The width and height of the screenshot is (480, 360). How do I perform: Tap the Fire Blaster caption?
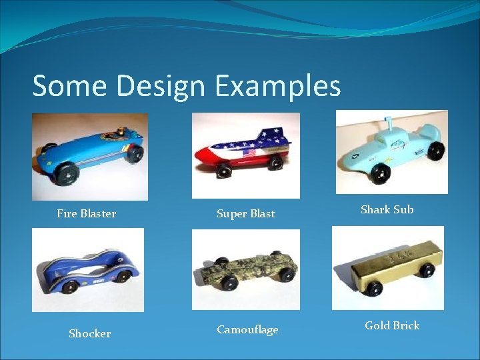pos(87,214)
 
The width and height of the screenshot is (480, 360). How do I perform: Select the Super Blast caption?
pos(246,214)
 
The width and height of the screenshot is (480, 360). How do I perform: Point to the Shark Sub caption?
pos(387,209)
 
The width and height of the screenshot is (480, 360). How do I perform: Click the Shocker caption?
pos(90,333)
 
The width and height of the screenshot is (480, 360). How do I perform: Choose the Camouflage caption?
pos(247,330)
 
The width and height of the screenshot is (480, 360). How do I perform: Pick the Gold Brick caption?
pos(392,325)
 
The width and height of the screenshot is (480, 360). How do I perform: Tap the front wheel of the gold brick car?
pos(374,289)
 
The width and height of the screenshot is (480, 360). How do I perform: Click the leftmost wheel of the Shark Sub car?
pos(381,173)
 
